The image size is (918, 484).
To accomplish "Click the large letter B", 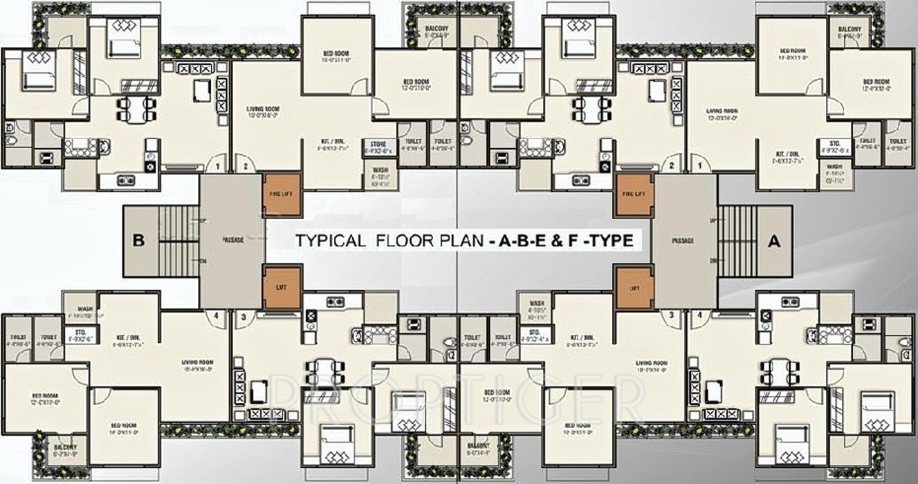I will click(138, 241).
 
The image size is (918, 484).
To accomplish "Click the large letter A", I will click(774, 241).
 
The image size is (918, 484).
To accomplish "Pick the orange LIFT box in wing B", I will click(282, 287).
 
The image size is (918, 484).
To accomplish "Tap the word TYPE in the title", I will click(610, 241).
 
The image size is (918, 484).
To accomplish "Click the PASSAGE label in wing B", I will click(232, 240).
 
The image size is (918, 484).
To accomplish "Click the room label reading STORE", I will click(378, 144).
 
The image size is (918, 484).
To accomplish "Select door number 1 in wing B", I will click(217, 166).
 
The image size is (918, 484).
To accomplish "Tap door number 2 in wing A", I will click(670, 166).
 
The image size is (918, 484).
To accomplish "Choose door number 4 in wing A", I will click(700, 315).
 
